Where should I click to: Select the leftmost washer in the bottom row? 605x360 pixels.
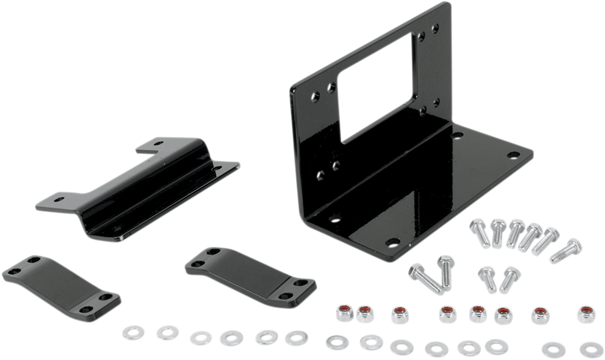pyautogui.click(x=133, y=331)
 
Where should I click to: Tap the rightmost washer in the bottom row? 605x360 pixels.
pyautogui.click(x=591, y=346)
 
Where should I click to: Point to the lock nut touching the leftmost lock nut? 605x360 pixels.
pyautogui.click(x=364, y=312)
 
